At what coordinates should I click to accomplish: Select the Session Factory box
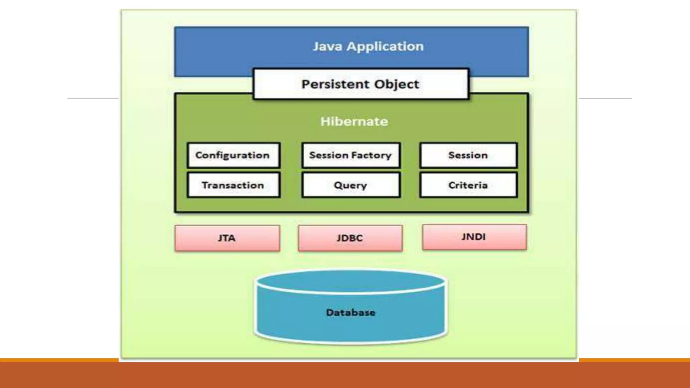coord(351,155)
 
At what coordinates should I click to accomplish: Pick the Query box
coord(351,185)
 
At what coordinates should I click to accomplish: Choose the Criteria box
coord(468,185)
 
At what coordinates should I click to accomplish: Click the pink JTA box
coord(227,238)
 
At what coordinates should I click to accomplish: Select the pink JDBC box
coord(350,238)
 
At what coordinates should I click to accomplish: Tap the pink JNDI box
coord(474,237)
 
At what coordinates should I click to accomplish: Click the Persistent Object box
coord(360,84)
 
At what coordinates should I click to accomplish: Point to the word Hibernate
coord(354,122)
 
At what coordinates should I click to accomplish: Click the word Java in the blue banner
coord(327,46)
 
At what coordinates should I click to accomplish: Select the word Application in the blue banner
coord(385,46)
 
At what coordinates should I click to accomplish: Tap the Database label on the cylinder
coord(350,313)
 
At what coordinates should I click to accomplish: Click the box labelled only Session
coord(468,155)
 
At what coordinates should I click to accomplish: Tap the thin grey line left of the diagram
coord(93,98)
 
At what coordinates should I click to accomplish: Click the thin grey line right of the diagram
coord(605,98)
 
